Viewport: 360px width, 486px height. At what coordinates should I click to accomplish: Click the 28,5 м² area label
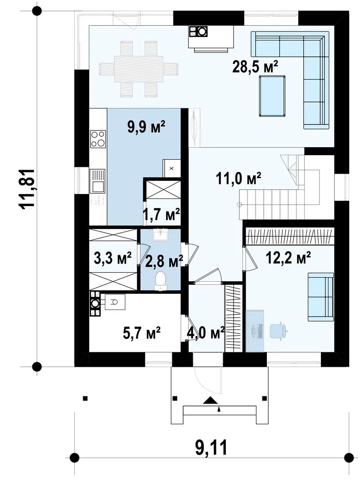coord(255,66)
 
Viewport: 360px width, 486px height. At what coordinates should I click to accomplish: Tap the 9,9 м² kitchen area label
coord(146,127)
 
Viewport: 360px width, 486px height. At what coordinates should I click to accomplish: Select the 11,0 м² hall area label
coord(238,178)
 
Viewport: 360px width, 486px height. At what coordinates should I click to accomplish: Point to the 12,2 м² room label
coord(288,257)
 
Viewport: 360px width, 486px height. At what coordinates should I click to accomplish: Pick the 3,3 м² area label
coord(113,258)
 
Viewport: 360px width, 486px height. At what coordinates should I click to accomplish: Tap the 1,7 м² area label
coord(161,214)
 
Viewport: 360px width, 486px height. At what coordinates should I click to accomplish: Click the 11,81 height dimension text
coord(27,189)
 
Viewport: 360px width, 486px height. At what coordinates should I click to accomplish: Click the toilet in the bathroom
coord(160,281)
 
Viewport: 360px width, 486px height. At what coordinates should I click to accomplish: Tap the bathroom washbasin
coord(161,234)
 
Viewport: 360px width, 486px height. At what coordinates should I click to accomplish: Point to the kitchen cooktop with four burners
coord(98,138)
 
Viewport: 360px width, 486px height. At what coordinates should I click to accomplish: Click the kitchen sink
coord(97,181)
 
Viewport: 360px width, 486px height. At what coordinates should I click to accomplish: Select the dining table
coord(139,69)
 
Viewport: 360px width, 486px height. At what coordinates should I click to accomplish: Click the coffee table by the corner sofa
coord(272,96)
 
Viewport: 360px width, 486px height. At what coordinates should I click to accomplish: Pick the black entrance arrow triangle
coord(211,400)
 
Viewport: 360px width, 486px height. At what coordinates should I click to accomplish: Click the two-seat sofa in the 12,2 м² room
coord(320,297)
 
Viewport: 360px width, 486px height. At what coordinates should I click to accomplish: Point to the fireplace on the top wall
coord(211,38)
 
